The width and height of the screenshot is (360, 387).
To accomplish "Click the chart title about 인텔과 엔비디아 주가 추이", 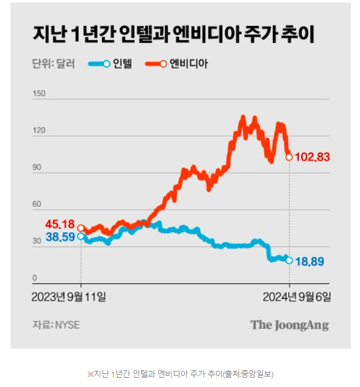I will pos(174,35).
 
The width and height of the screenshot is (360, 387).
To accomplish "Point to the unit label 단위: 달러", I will pos(53,64).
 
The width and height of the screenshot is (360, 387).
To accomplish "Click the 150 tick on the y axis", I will pos(39,93).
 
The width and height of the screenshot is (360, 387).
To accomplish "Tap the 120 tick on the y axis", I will pos(39,131).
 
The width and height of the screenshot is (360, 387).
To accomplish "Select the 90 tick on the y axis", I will pos(37,167).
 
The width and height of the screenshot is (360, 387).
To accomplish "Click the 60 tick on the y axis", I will pos(37,204).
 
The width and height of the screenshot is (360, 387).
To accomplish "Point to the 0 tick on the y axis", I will pos(35,278).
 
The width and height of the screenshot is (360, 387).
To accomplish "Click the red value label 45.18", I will pos(59,224).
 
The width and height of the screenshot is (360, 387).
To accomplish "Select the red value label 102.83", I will pos(312,157).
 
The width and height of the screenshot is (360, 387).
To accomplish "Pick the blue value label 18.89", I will pos(310,261).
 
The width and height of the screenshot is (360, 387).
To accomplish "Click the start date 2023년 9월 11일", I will pos(69,297).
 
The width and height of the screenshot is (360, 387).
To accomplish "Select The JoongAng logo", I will pos(289,324).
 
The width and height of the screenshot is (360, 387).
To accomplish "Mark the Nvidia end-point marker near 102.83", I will pos(289,157).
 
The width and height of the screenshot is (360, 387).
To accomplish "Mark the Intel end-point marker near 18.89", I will pos(289,260).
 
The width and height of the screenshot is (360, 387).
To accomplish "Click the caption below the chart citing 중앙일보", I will pos(180,374).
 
